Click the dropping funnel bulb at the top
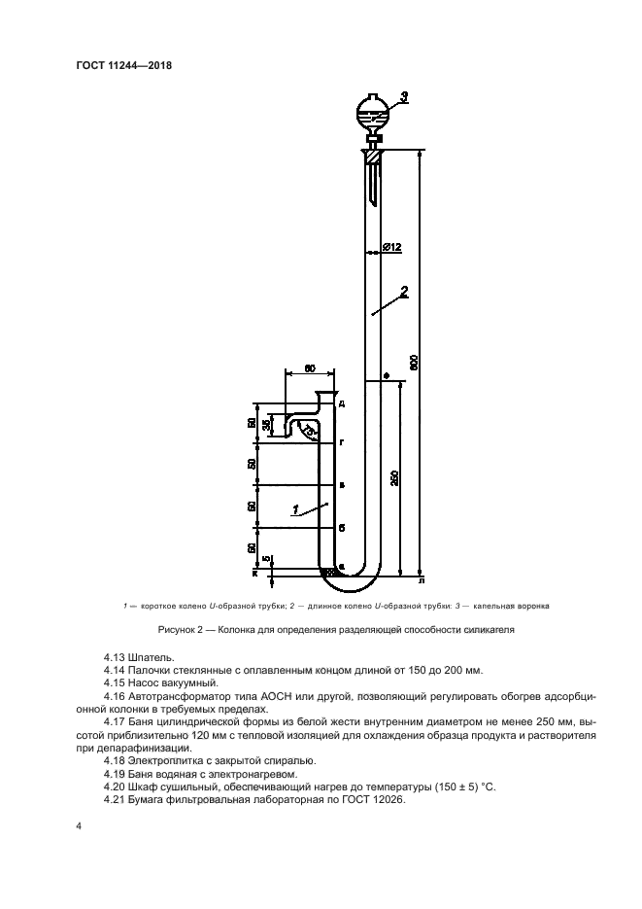pos(374,110)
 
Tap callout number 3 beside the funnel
pos(404,95)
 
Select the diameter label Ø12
pos(392,248)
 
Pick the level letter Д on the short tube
pos(343,402)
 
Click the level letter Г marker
pos(343,442)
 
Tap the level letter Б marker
pos(343,527)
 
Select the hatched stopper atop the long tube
pos(373,154)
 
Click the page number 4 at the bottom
pos(79,826)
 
